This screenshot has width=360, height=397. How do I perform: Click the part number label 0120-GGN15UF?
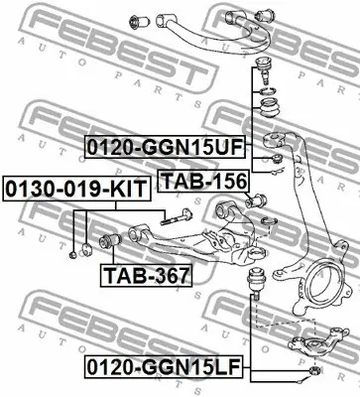165,147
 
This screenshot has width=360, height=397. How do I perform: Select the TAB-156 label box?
203,181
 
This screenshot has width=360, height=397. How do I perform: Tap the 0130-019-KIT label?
76,189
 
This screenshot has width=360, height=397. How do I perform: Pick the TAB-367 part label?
147,275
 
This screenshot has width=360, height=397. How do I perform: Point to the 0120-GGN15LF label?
165,366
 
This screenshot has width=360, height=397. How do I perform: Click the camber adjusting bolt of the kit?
176,217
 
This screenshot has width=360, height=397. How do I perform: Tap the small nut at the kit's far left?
72,254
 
